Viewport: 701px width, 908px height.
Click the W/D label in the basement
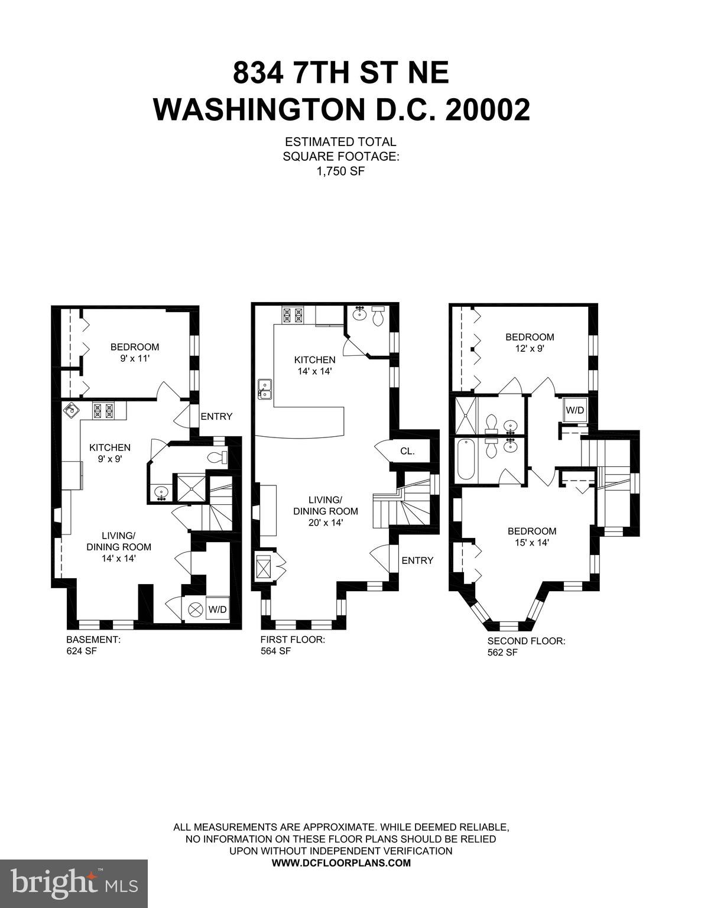[x=217, y=609]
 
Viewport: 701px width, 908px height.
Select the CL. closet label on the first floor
[x=407, y=451]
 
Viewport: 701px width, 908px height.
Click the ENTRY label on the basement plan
[x=216, y=416]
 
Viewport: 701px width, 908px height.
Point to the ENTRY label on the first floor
[x=417, y=560]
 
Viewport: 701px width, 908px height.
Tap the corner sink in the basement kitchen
[x=72, y=410]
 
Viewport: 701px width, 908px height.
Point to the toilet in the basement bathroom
[x=218, y=458]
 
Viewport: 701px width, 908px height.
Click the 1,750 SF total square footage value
[x=340, y=171]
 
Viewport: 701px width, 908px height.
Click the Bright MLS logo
[x=74, y=883]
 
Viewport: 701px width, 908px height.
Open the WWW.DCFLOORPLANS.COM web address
[x=340, y=862]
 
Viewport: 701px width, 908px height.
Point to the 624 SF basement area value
[x=82, y=651]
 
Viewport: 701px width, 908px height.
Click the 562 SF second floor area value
[x=502, y=653]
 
